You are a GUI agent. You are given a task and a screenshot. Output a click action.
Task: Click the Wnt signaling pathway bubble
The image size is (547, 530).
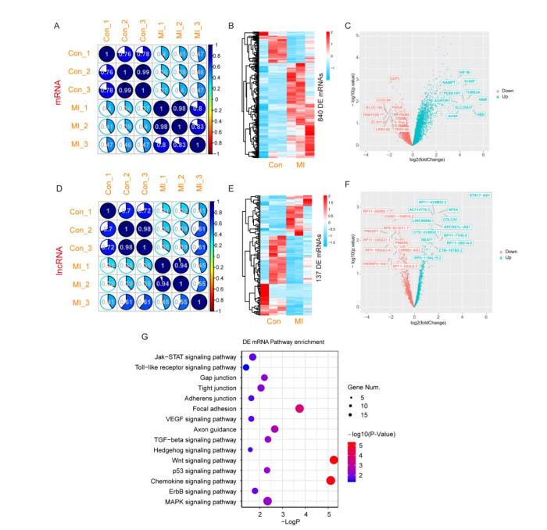coord(334,460)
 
